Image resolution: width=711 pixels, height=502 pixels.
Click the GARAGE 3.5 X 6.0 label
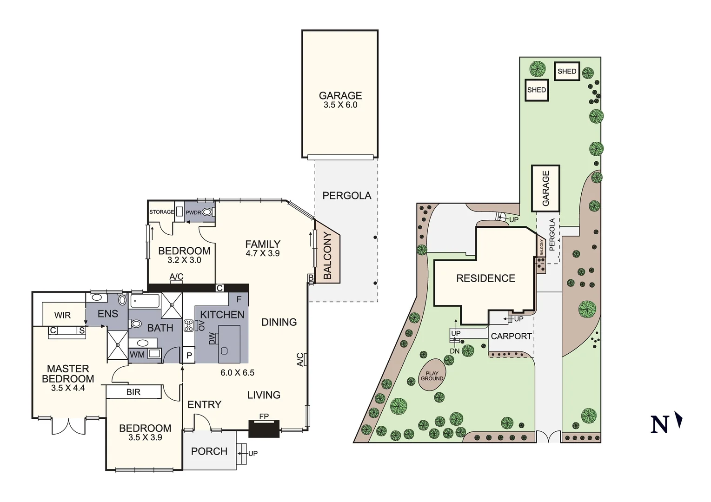[x=340, y=100]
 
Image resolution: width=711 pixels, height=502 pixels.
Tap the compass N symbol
[x=665, y=423]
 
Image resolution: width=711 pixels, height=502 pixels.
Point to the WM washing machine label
[x=137, y=355]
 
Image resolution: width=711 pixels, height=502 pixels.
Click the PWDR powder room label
[x=193, y=212]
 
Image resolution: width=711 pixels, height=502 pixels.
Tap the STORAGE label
[x=161, y=212]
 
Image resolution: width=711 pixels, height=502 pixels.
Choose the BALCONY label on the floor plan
[x=327, y=256]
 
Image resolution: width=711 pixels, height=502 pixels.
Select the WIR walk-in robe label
[x=62, y=315]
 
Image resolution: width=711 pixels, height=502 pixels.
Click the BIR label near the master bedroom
[x=133, y=392]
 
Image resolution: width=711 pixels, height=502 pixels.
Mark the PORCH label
[x=209, y=451]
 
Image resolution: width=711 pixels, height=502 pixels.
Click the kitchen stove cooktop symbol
[x=188, y=325]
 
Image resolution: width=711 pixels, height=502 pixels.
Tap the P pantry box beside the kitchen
[x=189, y=356]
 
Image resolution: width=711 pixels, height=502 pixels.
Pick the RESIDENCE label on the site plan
[x=485, y=278]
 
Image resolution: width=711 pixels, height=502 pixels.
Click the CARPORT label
[x=511, y=336]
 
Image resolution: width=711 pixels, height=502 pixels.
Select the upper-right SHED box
[x=567, y=72]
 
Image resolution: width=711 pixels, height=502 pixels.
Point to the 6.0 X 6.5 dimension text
[x=237, y=373]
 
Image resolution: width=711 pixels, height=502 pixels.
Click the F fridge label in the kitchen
[x=239, y=299]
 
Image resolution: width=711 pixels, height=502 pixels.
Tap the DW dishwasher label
[x=213, y=339]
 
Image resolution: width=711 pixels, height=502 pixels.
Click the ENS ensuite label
[x=108, y=314]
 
